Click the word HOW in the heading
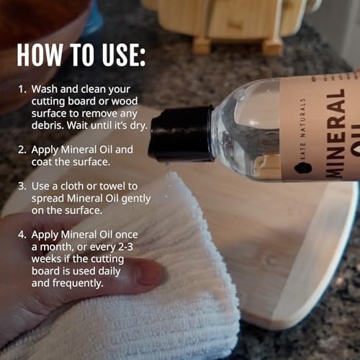(x=42, y=56)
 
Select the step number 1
(x=21, y=89)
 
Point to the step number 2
(x=21, y=150)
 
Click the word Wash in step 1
(x=45, y=89)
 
